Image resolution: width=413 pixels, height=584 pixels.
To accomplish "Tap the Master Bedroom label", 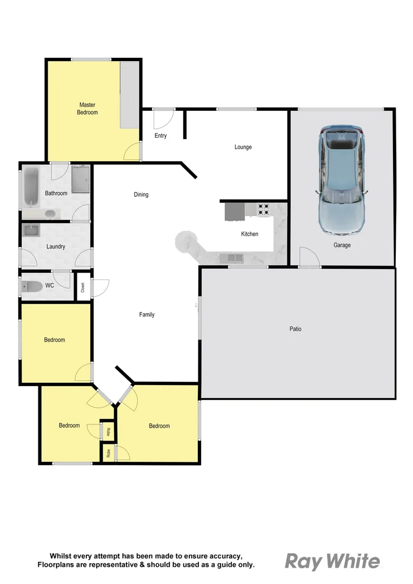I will [88, 108].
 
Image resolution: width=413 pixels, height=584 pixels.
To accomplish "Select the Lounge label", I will [243, 147].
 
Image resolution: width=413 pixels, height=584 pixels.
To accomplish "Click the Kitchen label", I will [249, 234].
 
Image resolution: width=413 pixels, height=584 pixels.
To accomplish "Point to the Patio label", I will [295, 329].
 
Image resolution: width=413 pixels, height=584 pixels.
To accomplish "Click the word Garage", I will [342, 245].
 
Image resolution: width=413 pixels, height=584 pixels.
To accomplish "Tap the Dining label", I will [141, 195].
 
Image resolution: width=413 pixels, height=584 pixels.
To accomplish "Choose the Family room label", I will [146, 315].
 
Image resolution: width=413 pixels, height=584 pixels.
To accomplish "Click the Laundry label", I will [56, 247].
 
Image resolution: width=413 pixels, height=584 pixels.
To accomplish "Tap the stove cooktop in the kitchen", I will [263, 209].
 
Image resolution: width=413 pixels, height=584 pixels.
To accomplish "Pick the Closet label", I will [83, 287].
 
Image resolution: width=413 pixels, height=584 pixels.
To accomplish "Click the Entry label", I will [161, 136].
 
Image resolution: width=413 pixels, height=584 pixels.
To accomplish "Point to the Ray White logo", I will [332, 561].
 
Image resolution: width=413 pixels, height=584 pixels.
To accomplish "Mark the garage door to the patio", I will [310, 257].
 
